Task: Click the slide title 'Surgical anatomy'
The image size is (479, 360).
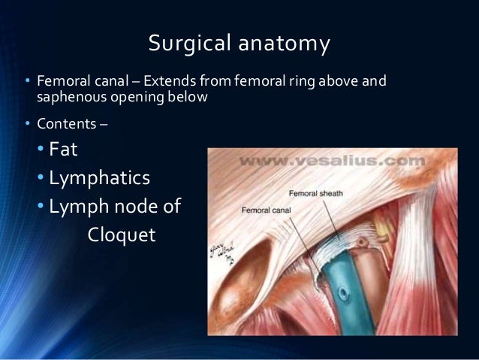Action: [x=239, y=44]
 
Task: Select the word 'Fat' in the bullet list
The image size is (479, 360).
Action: [x=64, y=150]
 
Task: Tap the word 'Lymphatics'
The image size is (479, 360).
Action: [x=99, y=178]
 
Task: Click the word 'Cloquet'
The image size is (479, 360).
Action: [x=122, y=234]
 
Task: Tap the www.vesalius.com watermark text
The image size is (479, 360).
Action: [x=331, y=160]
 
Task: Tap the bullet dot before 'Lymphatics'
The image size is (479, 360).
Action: [x=42, y=179]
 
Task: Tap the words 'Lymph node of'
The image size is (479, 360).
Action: [x=115, y=206]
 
